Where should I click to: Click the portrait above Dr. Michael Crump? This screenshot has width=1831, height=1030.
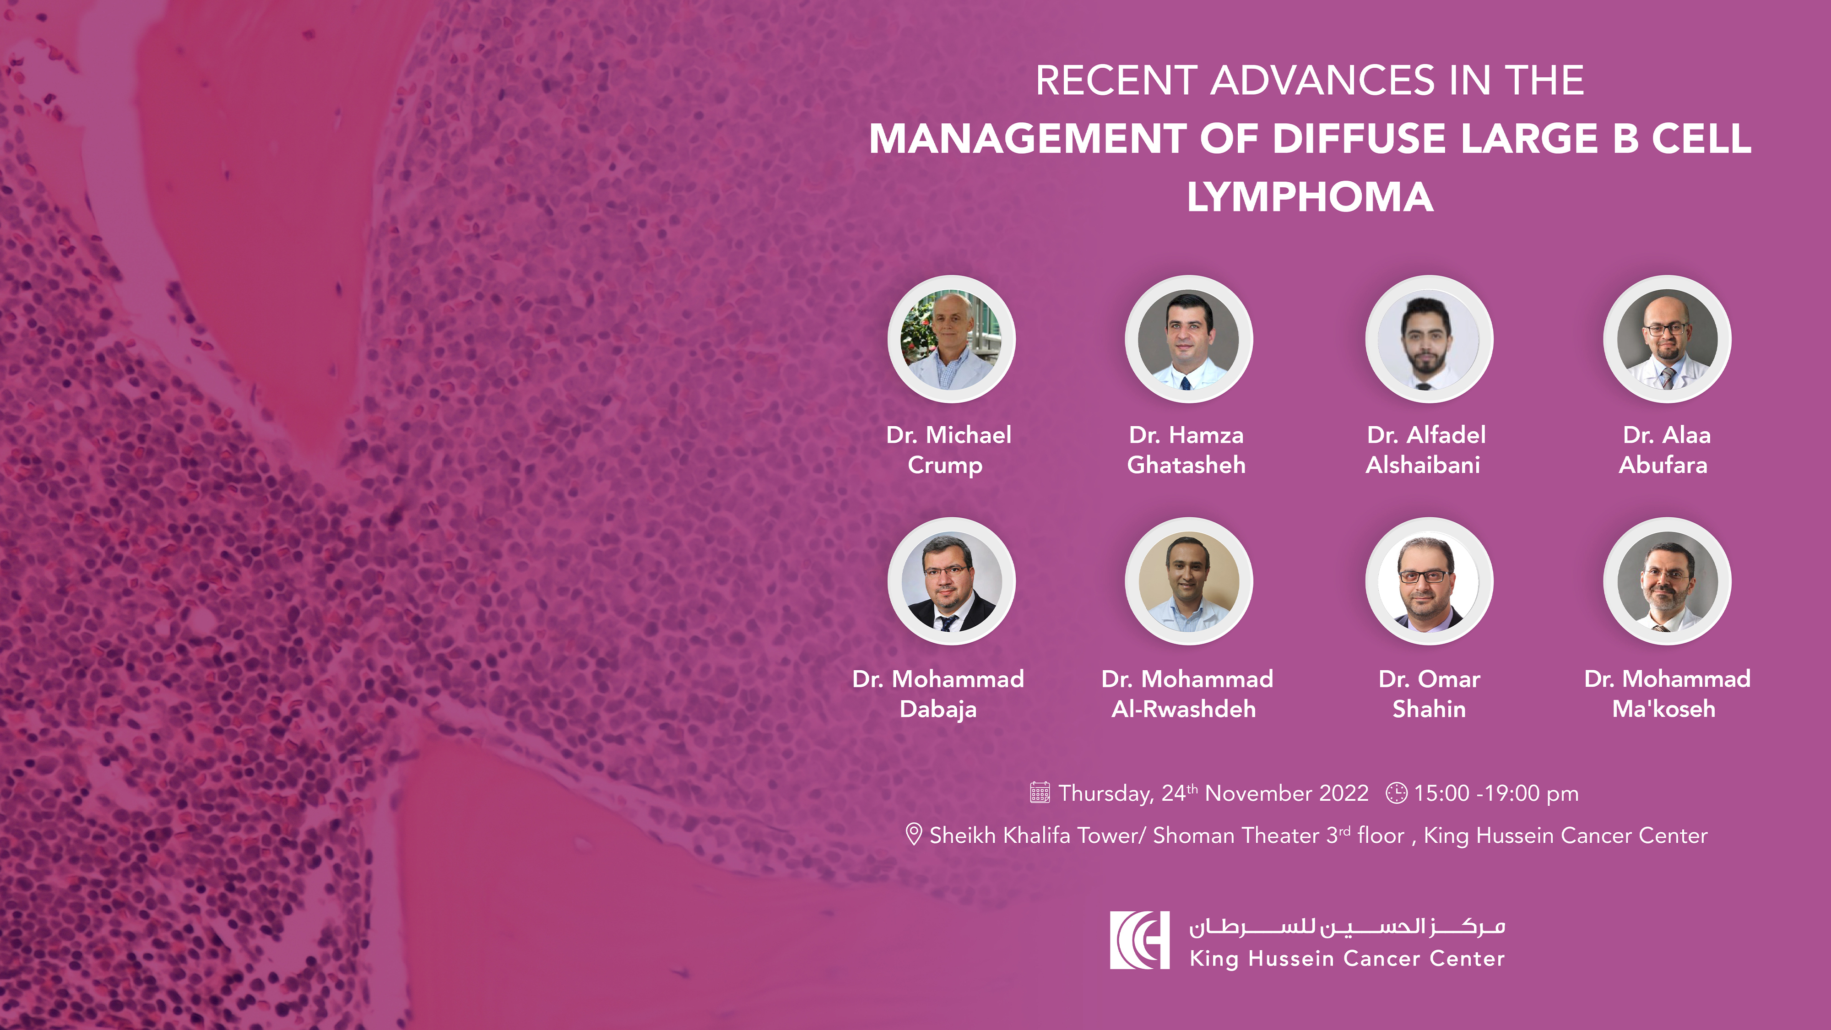coord(951,339)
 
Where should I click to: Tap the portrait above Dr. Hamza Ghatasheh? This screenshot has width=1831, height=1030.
coord(1188,339)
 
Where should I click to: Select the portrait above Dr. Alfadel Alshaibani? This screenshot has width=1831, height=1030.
coord(1429,339)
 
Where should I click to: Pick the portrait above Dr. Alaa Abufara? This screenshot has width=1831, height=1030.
coord(1667,339)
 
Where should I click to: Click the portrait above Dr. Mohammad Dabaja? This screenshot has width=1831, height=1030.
coord(951,581)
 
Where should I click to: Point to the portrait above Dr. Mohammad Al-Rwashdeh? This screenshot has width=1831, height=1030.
coord(1188,581)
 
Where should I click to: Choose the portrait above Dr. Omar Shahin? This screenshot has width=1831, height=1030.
coord(1429,581)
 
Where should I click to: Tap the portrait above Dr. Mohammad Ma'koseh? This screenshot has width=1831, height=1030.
coord(1667,581)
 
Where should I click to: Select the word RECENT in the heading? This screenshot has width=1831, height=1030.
coord(1116,80)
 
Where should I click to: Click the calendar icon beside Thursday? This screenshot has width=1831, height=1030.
coord(1040,792)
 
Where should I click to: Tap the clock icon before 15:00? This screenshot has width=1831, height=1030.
coord(1396,792)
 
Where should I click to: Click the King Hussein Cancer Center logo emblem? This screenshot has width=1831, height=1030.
coord(1139,940)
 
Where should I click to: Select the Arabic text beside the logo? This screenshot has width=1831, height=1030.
coord(1347,926)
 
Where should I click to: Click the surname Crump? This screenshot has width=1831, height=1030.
coord(945,466)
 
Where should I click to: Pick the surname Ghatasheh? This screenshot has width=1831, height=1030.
coord(1186,465)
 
